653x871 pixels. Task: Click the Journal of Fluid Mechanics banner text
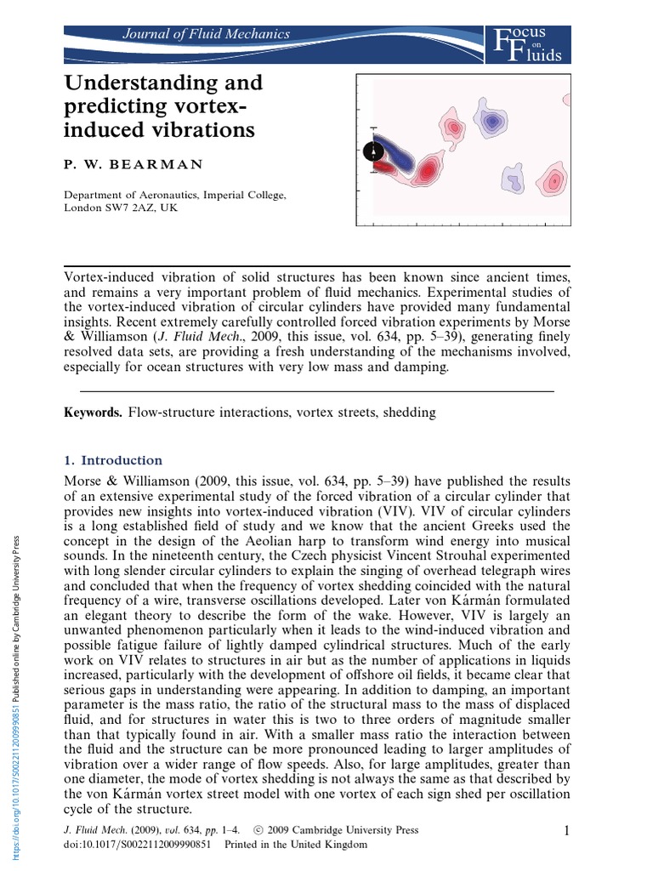207,35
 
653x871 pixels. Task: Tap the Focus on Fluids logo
526,44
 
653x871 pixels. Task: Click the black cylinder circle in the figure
373,151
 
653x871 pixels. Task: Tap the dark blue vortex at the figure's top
491,122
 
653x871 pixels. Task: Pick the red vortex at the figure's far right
554,180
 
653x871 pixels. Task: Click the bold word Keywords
94,413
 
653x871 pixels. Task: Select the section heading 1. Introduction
113,460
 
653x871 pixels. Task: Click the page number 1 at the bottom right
565,830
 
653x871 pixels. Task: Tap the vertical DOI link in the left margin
14,697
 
